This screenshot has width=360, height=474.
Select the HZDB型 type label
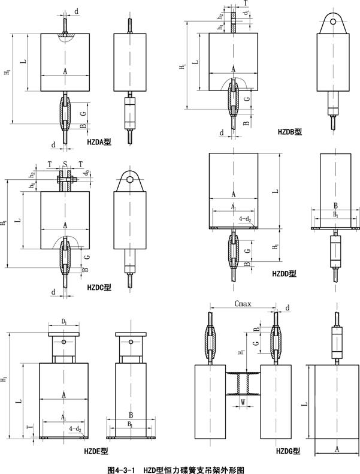[x=290, y=131]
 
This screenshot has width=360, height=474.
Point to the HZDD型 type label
[x=284, y=273]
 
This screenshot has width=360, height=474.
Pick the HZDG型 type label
[x=288, y=451]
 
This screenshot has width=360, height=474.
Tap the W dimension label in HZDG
[x=243, y=402]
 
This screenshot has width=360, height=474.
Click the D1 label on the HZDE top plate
[x=64, y=322]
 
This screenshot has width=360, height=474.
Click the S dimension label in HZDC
[x=65, y=164]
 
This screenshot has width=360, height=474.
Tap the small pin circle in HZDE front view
[x=64, y=342]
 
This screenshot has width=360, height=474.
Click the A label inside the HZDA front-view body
[x=64, y=70]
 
